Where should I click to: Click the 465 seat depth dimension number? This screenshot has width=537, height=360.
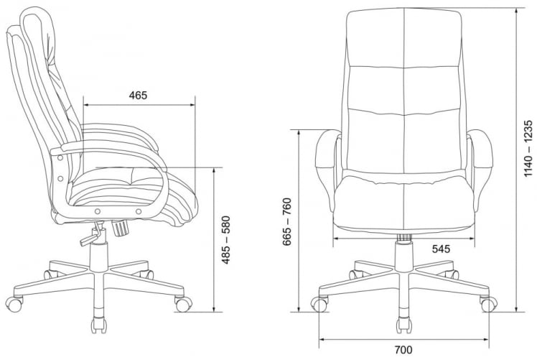[138, 96]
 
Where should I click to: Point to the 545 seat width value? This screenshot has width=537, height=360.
[441, 250]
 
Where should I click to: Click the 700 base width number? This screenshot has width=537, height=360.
[403, 349]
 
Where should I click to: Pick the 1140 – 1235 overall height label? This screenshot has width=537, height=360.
[528, 149]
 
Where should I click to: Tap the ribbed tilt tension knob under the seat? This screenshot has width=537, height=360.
[120, 227]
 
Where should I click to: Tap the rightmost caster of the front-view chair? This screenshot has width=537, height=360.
[487, 305]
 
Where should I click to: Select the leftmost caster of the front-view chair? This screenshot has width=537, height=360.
[318, 305]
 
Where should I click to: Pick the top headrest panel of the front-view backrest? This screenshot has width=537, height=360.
[403, 40]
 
